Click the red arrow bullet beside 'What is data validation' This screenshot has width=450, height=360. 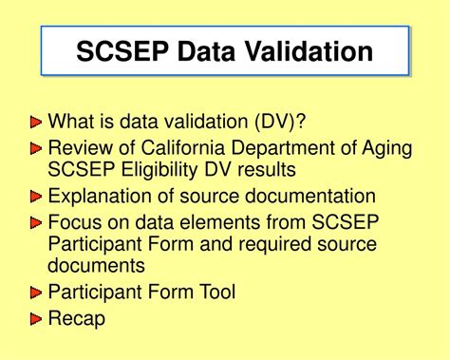(x=37, y=123)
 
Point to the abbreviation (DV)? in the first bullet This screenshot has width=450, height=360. (x=282, y=123)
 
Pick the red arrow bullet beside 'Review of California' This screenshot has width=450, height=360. (x=37, y=148)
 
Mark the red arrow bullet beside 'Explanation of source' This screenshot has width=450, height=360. (x=37, y=198)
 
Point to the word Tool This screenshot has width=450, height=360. (x=217, y=292)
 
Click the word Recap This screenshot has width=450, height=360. (x=76, y=318)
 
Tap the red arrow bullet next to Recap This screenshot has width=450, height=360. (x=37, y=318)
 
